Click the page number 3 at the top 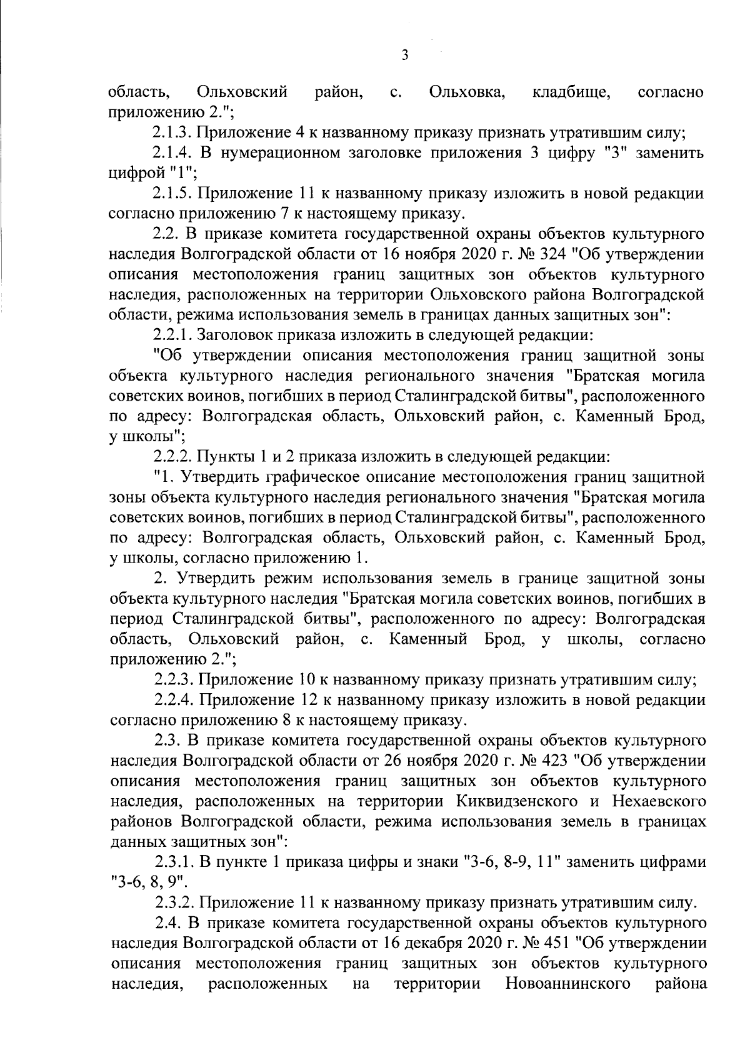point(404,56)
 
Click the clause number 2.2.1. point(173,336)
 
